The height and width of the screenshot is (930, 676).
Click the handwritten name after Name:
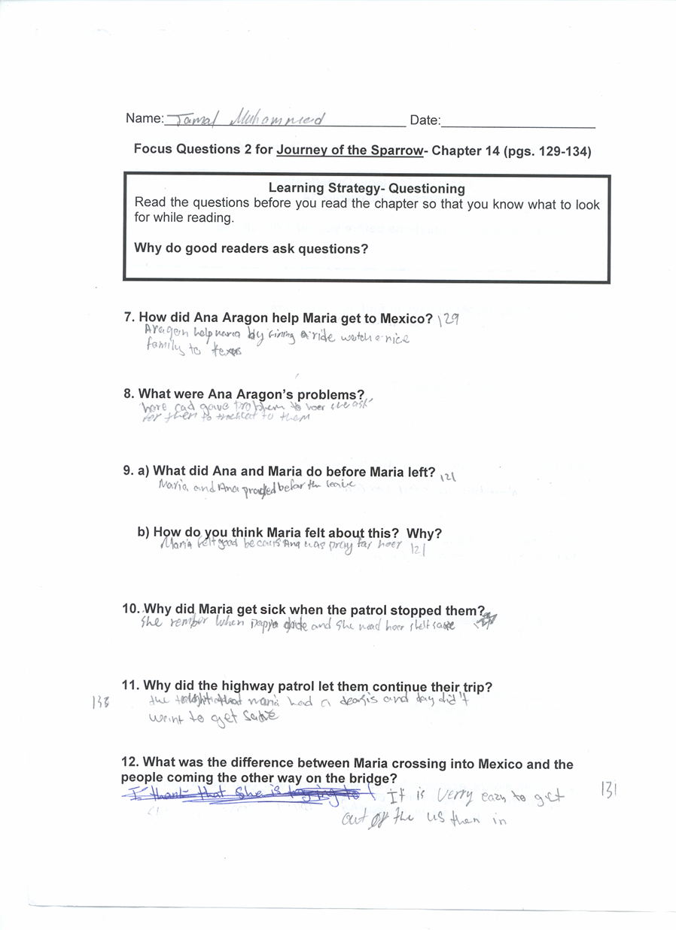coord(245,120)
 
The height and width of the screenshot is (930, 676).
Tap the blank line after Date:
coord(519,123)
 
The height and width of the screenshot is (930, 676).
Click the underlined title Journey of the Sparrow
coord(350,150)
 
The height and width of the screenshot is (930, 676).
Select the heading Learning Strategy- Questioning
coord(367,189)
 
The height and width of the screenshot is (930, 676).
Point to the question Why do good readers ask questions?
coord(251,248)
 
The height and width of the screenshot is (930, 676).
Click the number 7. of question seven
coord(129,318)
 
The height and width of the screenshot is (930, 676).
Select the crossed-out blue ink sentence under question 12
coord(248,795)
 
